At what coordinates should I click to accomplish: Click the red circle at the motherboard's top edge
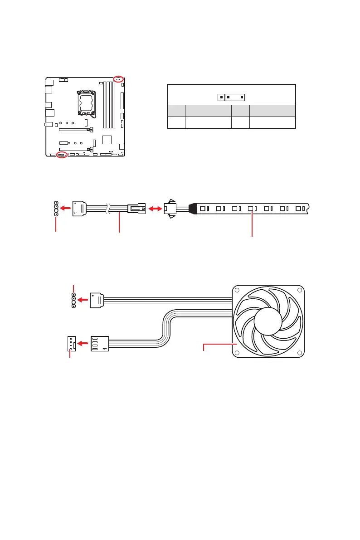click(118, 79)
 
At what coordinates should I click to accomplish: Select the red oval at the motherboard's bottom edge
click(62, 155)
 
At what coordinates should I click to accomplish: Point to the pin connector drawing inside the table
click(231, 97)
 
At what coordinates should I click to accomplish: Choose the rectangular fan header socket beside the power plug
click(71, 344)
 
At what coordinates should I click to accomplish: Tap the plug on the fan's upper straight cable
click(97, 300)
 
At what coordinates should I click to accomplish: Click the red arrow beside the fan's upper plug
click(83, 300)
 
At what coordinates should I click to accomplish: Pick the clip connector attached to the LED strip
click(171, 209)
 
